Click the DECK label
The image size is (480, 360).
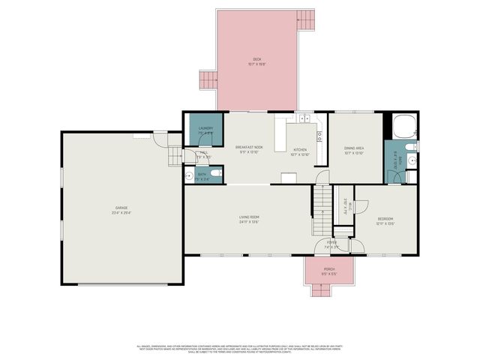click(x=256, y=59)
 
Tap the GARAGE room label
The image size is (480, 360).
click(x=121, y=209)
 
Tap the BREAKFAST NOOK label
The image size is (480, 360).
click(x=249, y=148)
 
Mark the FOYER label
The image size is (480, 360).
click(x=331, y=244)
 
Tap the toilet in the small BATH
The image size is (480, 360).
click(x=215, y=175)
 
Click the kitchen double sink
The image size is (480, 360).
click(x=303, y=118)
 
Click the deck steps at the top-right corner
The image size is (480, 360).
click(x=305, y=20)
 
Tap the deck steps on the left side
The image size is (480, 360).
click(x=207, y=80)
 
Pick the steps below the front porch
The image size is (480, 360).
click(x=329, y=290)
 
